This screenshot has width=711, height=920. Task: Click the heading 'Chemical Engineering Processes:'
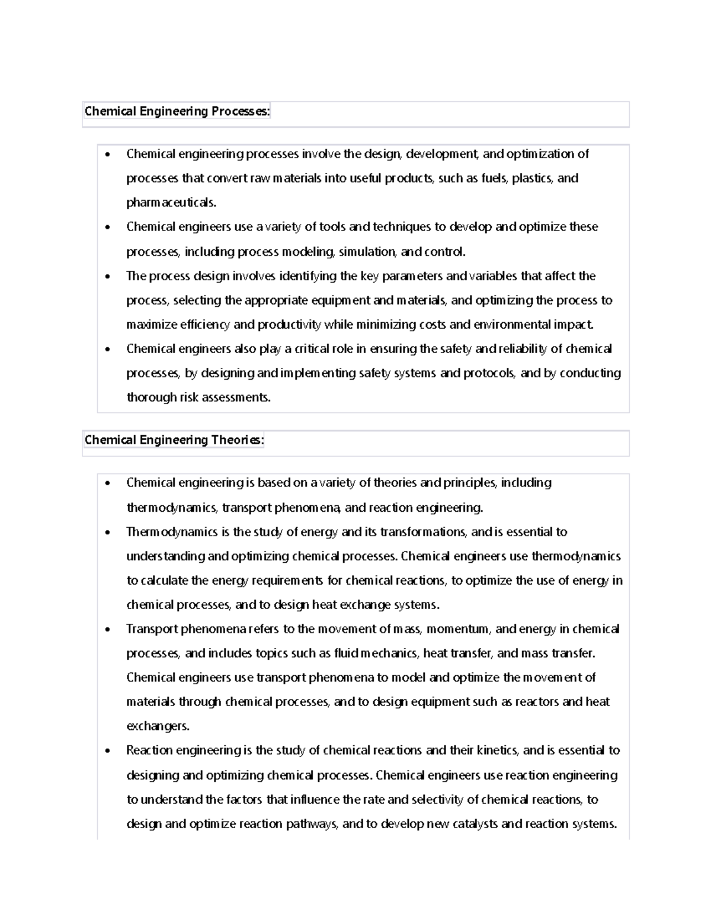point(177,111)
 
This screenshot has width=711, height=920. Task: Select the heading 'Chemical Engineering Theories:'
point(174,440)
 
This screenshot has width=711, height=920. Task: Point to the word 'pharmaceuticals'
point(171,203)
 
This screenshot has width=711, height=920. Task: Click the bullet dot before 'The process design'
point(107,277)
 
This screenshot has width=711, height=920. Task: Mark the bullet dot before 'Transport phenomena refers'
point(107,630)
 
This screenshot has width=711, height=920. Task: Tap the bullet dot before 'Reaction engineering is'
point(107,751)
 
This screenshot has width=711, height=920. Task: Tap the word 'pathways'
point(310,824)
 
